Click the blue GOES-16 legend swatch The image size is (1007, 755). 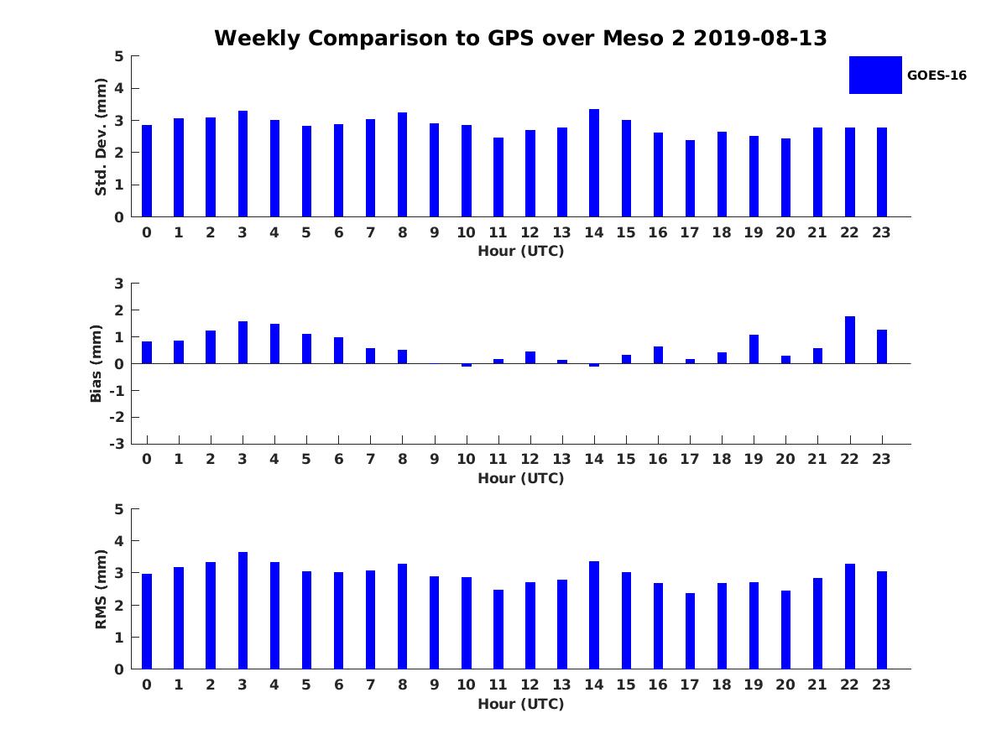point(875,75)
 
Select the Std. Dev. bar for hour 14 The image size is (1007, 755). point(594,163)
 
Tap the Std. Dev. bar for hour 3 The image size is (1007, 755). point(243,164)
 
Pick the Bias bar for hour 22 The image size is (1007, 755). point(850,340)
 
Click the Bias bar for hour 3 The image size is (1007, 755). point(243,342)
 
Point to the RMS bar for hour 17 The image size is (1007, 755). point(690,631)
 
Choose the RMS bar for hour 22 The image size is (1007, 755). point(850,617)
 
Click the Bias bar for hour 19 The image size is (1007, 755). point(754,349)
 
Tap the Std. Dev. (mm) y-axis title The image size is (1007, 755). point(101,137)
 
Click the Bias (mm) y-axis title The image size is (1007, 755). point(97,363)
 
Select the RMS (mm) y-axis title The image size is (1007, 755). point(101,589)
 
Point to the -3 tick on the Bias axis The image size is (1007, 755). point(118,444)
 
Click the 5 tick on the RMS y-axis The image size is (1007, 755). point(119,509)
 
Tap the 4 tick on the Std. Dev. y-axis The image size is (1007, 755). point(119,88)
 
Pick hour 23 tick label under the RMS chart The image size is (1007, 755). point(882,685)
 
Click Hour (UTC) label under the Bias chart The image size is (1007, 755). point(520,478)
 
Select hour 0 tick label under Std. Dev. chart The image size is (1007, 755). point(147,232)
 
